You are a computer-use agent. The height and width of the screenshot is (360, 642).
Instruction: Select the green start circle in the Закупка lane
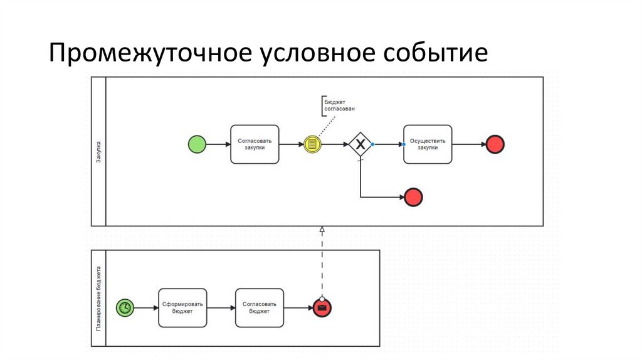click(197, 144)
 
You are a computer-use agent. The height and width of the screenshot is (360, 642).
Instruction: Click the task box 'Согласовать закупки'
click(255, 144)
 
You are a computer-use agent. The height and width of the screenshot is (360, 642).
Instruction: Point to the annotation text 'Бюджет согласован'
click(339, 104)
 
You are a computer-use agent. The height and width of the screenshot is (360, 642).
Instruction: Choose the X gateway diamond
click(360, 144)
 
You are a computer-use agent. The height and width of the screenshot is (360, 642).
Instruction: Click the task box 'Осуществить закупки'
click(427, 144)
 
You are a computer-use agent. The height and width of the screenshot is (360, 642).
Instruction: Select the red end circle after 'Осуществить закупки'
click(495, 144)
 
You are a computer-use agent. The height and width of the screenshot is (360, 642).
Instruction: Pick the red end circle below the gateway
click(414, 197)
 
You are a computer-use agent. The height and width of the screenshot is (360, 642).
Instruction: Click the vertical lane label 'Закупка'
click(99, 151)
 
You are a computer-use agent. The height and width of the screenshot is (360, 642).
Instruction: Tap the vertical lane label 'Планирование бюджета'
click(99, 299)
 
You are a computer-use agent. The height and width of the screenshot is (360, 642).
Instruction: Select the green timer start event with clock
click(125, 307)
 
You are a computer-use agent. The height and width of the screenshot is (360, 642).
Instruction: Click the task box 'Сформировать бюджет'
click(182, 307)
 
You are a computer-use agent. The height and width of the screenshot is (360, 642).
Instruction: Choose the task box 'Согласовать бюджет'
click(260, 307)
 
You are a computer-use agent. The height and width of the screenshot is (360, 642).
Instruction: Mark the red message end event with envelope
click(322, 307)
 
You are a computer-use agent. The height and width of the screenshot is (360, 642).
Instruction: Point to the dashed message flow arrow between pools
click(322, 263)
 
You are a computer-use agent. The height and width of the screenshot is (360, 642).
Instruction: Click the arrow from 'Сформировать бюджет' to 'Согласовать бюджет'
click(221, 307)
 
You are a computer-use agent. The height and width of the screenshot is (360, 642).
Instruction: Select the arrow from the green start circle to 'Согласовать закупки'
click(218, 144)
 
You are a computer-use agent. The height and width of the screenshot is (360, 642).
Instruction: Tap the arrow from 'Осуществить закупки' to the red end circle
click(468, 144)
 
